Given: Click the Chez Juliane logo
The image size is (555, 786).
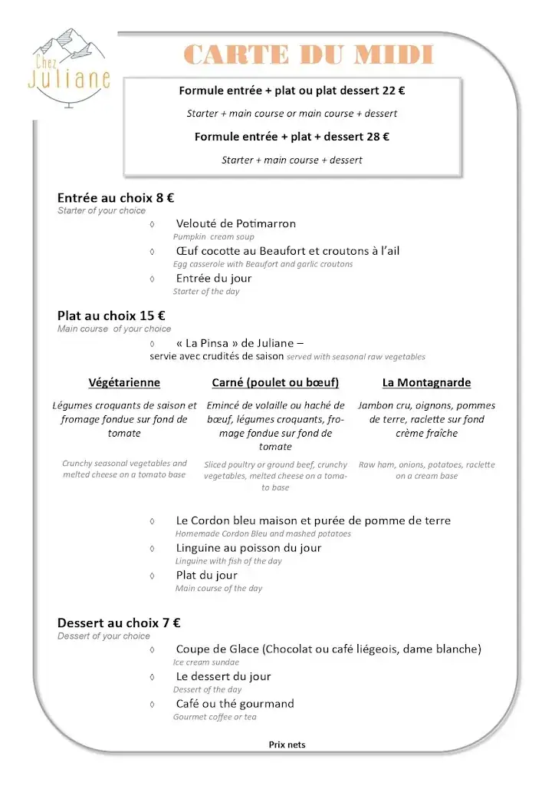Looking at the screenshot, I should tap(69, 69).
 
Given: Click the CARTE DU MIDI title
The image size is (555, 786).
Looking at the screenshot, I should tap(309, 55).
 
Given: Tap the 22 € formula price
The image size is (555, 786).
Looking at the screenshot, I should tap(393, 91).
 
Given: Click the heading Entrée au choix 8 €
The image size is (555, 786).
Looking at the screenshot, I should tap(116, 197).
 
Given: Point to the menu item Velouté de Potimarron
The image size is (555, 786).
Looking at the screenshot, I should tap(235, 223).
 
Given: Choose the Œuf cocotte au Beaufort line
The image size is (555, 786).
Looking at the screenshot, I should tap(287, 251).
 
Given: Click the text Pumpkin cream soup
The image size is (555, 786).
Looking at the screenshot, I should tap(213, 237).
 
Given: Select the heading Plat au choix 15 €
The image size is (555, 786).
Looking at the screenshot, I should tap(111, 315).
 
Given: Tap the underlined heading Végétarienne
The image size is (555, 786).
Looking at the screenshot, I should tap(124, 382).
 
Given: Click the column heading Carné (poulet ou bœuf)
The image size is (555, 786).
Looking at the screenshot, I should tap(275, 382).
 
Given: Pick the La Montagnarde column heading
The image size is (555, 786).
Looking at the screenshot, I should tap(426, 382).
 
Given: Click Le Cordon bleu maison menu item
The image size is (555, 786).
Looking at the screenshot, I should tap(313, 520).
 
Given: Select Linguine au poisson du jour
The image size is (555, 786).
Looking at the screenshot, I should tap(248, 548).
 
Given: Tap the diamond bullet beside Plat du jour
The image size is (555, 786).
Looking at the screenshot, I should tap(153, 576).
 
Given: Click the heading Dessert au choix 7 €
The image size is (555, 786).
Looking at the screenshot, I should tap(119, 623).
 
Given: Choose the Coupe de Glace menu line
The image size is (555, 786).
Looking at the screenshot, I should tap(328, 649).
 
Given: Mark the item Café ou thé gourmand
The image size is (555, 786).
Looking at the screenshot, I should tap(235, 704).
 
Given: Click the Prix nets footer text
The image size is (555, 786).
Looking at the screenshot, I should tap(287, 745).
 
